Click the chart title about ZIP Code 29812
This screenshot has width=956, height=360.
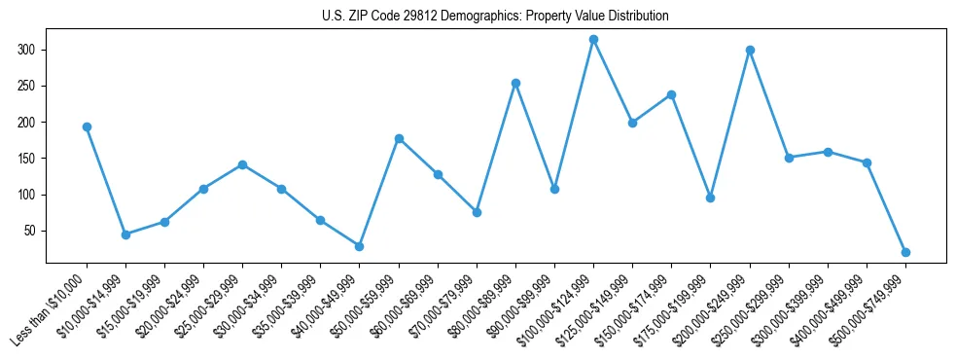[495, 17]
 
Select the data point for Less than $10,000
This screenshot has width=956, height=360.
[87, 126]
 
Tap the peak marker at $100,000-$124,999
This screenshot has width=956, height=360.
[593, 39]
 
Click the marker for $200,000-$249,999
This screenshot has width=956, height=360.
[750, 50]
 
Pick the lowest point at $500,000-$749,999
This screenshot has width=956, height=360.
[905, 252]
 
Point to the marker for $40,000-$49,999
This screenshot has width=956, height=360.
[359, 246]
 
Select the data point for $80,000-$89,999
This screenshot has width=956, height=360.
[515, 83]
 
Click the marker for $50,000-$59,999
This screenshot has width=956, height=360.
[399, 138]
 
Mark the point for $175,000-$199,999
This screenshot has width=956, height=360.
[710, 198]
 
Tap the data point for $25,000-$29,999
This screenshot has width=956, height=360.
[242, 164]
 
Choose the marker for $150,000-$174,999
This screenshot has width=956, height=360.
[671, 94]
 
